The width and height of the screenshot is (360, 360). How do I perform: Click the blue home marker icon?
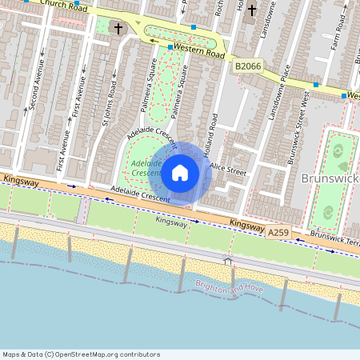pos(180,171)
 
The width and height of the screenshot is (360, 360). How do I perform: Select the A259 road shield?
pos(278,232)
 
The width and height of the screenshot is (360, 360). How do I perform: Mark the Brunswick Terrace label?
pos(334,238)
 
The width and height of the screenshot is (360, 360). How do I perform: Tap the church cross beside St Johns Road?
pos(118,29)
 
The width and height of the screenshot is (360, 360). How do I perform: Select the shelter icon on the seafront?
pos(228,260)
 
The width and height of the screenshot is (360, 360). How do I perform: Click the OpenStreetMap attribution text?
pos(81,354)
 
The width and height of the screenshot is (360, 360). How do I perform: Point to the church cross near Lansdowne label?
pos(252,10)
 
